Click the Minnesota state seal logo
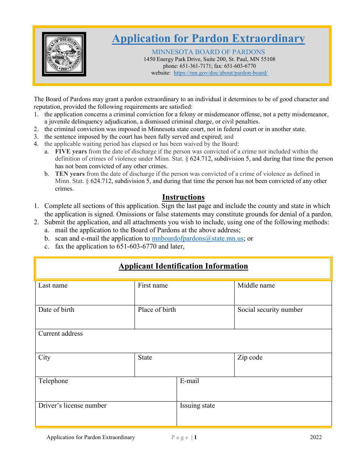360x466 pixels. click(64, 54)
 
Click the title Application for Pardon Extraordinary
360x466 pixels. click(208, 39)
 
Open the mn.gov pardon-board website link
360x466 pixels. click(221, 73)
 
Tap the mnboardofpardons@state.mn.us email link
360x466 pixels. click(197, 239)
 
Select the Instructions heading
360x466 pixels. click(183, 197)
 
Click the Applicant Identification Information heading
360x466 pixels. click(183, 266)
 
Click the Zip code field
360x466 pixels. click(283, 367)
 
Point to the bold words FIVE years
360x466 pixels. click(71, 152)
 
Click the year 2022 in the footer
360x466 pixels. click(316, 438)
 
